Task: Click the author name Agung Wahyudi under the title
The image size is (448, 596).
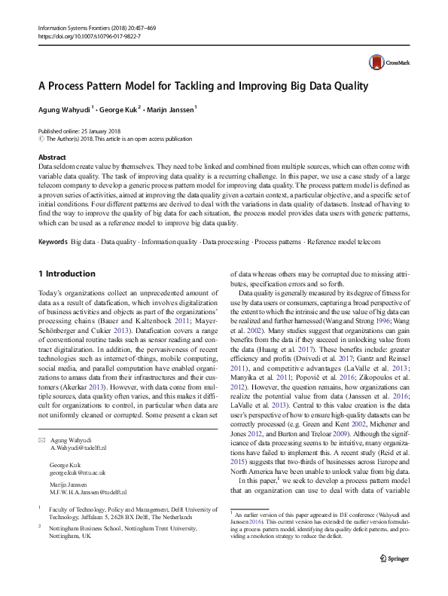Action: click(x=64, y=108)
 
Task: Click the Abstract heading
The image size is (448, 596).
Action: click(x=52, y=157)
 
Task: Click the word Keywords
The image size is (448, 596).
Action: click(x=52, y=242)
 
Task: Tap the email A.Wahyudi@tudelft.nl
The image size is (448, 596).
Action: click(x=78, y=447)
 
